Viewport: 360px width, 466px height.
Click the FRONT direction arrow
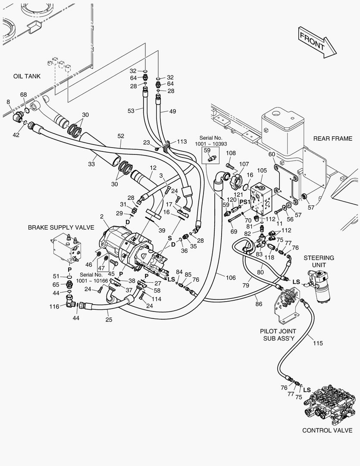(317, 41)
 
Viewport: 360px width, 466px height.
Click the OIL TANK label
(27, 76)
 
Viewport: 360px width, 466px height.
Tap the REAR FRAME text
(332, 139)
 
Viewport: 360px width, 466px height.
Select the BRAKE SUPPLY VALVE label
(61, 227)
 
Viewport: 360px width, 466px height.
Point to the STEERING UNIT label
(319, 261)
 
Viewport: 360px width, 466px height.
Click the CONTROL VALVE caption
(327, 430)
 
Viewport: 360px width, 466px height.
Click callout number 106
(231, 277)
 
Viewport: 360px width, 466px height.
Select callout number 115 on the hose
(317, 343)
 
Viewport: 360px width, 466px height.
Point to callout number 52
(121, 136)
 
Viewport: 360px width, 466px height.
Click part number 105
(262, 170)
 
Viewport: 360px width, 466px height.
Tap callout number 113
(182, 141)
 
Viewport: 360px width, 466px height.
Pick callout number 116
(54, 306)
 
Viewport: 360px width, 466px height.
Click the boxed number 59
(207, 150)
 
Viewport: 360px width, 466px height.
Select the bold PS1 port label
(245, 202)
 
